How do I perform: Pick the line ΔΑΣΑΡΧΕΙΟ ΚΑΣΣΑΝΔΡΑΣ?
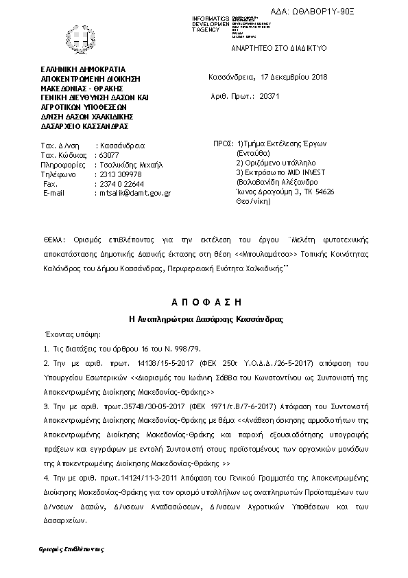point(84,126)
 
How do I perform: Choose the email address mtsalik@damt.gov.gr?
point(134,194)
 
